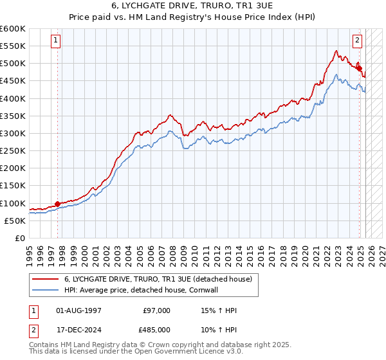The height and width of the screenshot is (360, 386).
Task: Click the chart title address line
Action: tap(192, 7)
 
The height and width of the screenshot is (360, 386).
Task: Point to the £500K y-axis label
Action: tap(13, 64)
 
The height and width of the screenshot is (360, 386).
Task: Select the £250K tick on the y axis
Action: tap(13, 151)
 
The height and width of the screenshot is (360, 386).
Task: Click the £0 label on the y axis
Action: tap(21, 239)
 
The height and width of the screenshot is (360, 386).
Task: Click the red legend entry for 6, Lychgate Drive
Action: tap(161, 279)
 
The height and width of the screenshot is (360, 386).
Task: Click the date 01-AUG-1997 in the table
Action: tap(78, 310)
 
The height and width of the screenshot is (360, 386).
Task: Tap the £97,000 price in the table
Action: tap(157, 310)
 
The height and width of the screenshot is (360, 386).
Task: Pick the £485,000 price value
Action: tap(155, 332)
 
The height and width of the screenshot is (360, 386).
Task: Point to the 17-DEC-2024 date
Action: tap(78, 332)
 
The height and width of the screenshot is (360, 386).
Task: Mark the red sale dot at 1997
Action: tap(57, 204)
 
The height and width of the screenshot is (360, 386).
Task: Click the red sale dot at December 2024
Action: tap(359, 68)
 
